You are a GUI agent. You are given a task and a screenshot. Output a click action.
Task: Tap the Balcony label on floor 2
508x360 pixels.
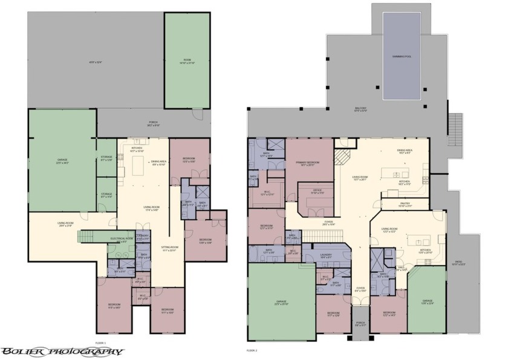[x=360, y=110]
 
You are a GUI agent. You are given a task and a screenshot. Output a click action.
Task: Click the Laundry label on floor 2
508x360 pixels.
[x=326, y=255]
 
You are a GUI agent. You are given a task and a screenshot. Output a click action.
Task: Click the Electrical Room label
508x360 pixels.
[x=122, y=239]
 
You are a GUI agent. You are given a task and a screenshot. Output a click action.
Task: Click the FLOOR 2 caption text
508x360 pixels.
[x=252, y=350]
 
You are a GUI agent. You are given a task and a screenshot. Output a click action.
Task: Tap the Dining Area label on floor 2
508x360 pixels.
[x=405, y=151]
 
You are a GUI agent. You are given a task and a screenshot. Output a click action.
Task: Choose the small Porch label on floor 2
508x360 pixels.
[x=360, y=324]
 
